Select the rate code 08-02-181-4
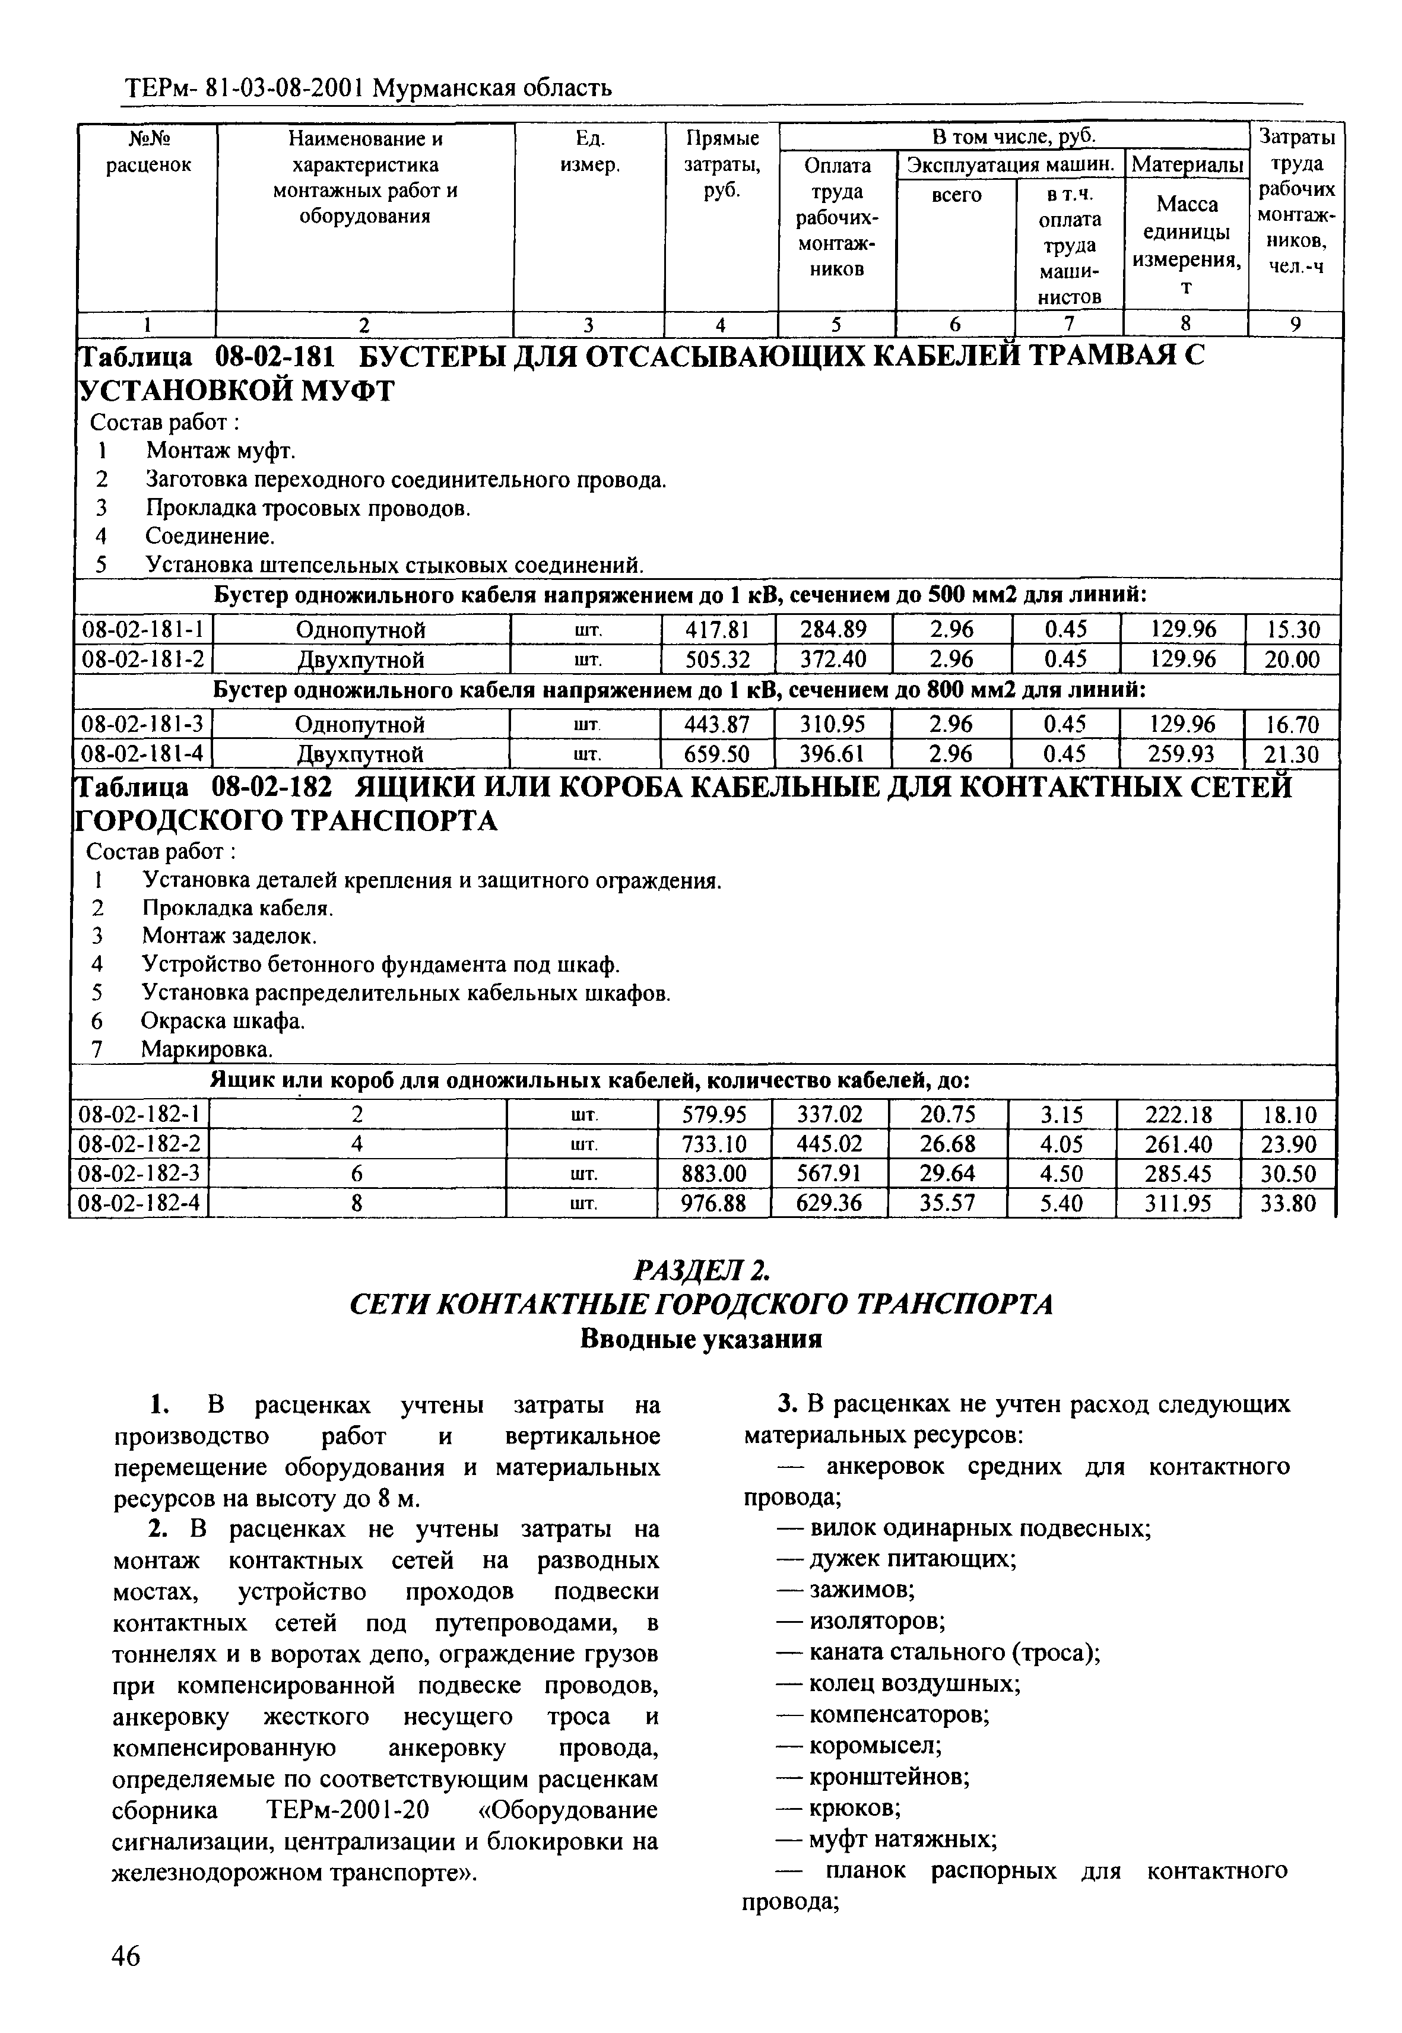click(142, 754)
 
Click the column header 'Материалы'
click(1187, 165)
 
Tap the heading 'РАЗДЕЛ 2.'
click(700, 1271)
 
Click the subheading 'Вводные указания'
click(700, 1340)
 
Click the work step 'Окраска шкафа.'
click(223, 1021)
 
